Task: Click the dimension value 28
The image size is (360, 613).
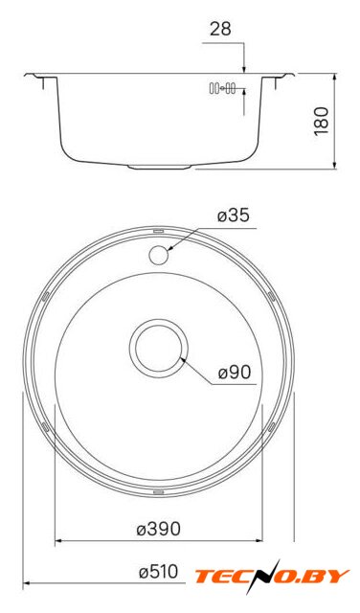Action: click(x=220, y=29)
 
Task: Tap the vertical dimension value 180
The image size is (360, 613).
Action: click(x=322, y=122)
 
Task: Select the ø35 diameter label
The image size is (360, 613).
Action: click(x=234, y=216)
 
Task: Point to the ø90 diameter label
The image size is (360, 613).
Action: click(x=235, y=373)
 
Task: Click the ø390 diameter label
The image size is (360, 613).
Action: click(x=159, y=530)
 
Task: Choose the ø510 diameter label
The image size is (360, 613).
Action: click(x=159, y=573)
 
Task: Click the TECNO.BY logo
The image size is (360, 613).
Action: click(x=271, y=577)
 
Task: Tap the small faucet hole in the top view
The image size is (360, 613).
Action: click(x=158, y=255)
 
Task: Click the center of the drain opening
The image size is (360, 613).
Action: click(x=159, y=348)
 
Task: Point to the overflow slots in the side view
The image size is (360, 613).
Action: click(x=222, y=88)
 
